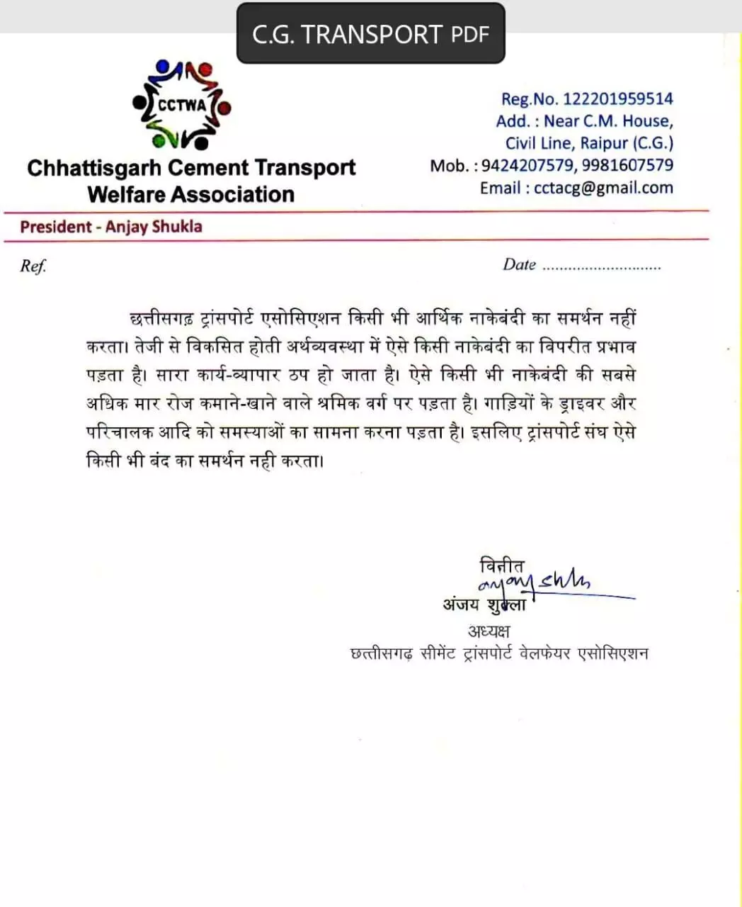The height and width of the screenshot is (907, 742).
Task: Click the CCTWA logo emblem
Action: tap(182, 106)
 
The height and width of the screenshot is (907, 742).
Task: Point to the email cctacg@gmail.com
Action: tap(603, 188)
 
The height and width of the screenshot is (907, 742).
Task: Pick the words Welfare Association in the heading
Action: tap(190, 194)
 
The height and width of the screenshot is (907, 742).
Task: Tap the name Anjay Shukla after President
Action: tap(154, 227)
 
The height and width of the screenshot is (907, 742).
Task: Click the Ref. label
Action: tap(33, 266)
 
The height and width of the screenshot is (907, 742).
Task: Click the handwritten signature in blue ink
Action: tap(538, 585)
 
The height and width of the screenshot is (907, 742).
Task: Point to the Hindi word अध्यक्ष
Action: tap(489, 631)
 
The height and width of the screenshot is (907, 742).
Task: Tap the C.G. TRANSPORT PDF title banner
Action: tap(370, 34)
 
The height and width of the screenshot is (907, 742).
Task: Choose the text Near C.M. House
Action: tap(608, 121)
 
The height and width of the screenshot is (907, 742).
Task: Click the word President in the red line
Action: tap(56, 227)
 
